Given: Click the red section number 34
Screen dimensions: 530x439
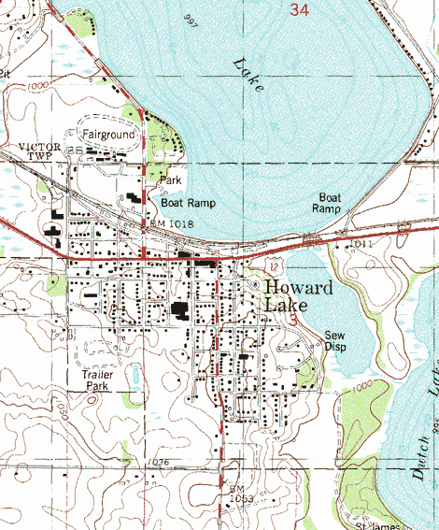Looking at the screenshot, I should [299, 10].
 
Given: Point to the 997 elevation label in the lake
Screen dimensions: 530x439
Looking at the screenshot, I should [192, 20].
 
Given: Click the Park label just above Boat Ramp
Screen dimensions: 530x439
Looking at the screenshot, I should [169, 179].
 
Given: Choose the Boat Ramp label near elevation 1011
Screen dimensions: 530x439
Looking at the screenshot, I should [329, 203].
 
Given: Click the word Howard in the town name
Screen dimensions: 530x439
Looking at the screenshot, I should [297, 288].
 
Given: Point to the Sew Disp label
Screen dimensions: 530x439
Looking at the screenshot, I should [334, 340].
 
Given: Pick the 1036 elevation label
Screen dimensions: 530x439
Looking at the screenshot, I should [158, 463].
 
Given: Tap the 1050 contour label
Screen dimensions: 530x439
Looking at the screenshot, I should [59, 408].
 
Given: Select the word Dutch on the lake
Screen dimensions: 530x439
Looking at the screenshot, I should [420, 458].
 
